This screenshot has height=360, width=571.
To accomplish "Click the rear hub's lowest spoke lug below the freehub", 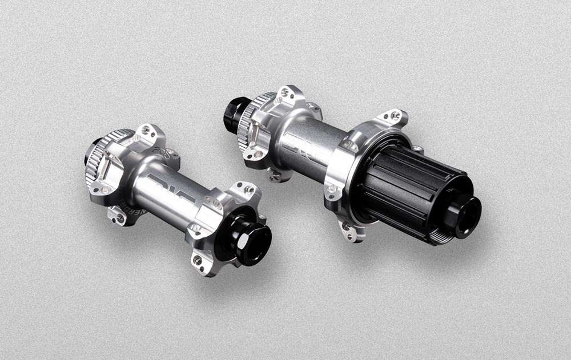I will click(349, 230).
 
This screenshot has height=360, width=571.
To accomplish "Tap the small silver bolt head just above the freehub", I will click(419, 149).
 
